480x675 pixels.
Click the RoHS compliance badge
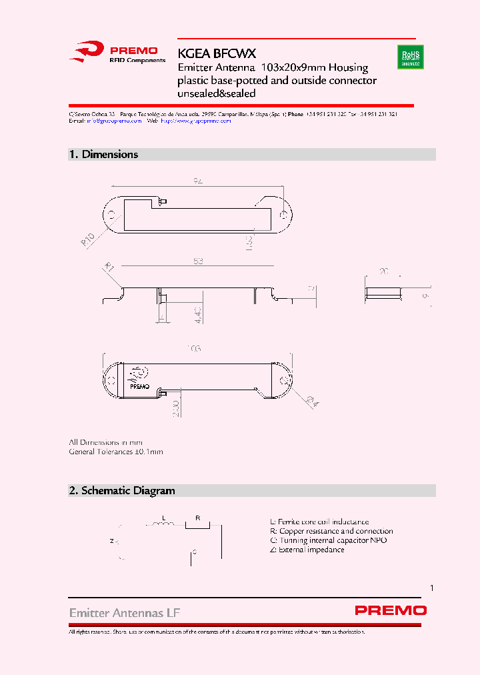[410, 57]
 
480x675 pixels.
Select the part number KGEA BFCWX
[217, 53]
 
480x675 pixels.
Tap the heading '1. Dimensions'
[104, 154]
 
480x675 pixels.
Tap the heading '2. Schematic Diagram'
[122, 490]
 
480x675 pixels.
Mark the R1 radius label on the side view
[109, 268]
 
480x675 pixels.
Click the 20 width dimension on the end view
[383, 271]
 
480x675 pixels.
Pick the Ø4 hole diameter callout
[313, 401]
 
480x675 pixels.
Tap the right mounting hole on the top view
[283, 214]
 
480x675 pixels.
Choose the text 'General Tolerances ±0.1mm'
[116, 452]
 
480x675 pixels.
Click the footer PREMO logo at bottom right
[390, 610]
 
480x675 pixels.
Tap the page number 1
[432, 588]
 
